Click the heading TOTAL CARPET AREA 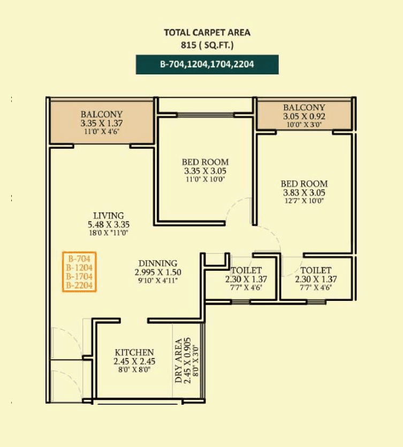coord(207,33)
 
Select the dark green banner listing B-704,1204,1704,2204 coord(207,65)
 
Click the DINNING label coord(158,263)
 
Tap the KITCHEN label coord(134,352)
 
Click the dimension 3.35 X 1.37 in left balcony coord(102,123)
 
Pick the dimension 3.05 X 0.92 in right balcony coord(304,116)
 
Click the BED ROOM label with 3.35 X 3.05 coord(205,162)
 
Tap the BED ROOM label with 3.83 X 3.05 coord(304,184)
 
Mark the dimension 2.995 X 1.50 coord(158,272)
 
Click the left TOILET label coord(246,270)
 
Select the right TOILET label coord(316,270)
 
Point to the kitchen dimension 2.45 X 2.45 coord(134,361)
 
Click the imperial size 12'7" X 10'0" coord(304,201)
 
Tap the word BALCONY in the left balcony coord(102,114)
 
